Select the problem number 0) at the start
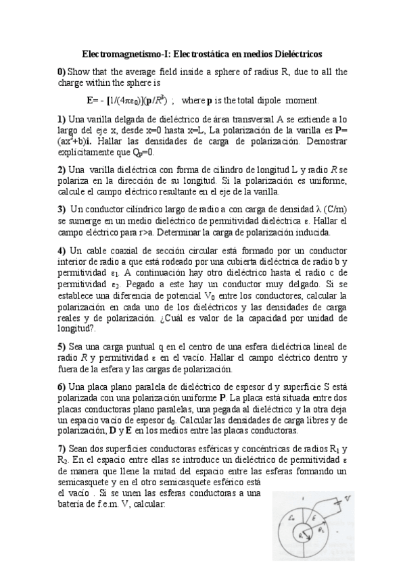click(62, 72)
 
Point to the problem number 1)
click(62, 119)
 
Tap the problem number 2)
click(62, 169)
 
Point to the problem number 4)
click(62, 249)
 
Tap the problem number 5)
click(62, 346)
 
